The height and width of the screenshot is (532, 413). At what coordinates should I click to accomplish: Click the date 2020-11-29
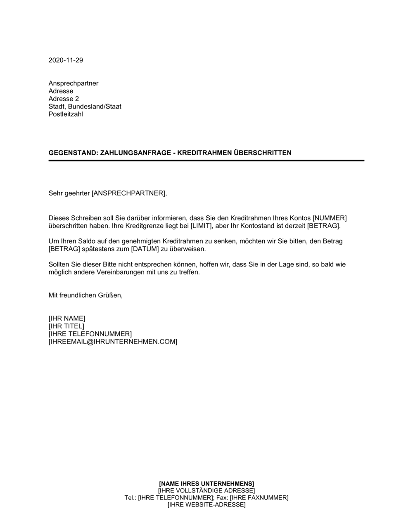click(66, 60)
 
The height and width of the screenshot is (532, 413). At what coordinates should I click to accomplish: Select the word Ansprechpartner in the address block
click(74, 83)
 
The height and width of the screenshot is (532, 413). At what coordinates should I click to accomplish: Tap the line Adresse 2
click(64, 99)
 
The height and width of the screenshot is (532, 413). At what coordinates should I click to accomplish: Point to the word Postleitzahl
click(66, 114)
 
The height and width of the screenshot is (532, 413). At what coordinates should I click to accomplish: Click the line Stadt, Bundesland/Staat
click(85, 107)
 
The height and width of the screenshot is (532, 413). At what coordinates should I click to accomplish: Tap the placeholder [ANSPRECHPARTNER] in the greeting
click(128, 193)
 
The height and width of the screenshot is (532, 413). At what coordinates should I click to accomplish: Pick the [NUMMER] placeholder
click(330, 218)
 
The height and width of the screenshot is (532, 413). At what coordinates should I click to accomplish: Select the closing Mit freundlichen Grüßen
click(85, 295)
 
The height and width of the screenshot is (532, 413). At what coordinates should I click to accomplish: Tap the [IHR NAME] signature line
click(67, 318)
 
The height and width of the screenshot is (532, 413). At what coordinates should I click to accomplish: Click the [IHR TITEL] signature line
click(66, 326)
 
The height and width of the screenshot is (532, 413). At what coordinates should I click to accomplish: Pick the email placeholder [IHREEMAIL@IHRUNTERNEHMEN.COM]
click(113, 342)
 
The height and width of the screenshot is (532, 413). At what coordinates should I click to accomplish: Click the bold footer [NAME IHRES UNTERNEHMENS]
click(206, 483)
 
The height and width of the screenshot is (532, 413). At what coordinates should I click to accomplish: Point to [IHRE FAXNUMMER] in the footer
click(259, 498)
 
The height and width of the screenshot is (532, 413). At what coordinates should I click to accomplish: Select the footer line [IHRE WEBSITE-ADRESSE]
click(206, 505)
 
